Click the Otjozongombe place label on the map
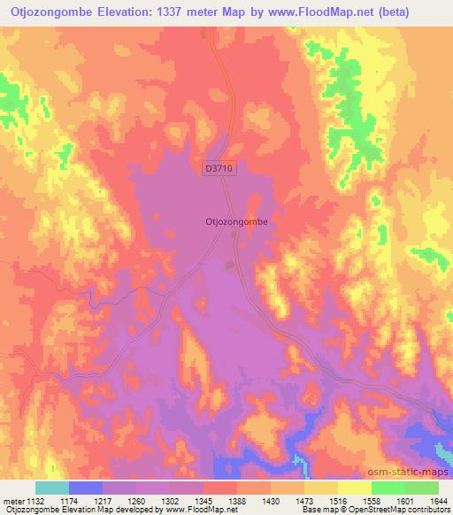[236, 223]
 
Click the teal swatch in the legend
[52, 488]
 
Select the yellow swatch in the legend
[354, 488]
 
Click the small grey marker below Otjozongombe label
[231, 263]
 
